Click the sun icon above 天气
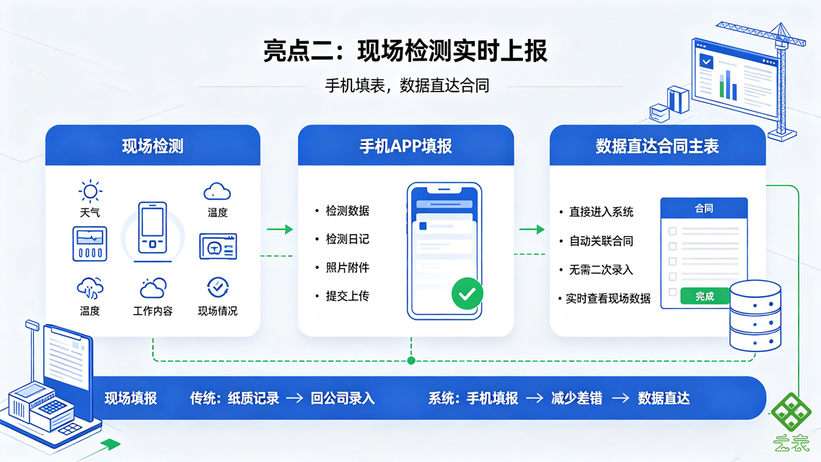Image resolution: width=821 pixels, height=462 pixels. coord(90,191)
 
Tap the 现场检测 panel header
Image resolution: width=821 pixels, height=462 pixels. coord(153,146)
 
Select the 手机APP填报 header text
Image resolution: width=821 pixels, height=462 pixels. coord(405,146)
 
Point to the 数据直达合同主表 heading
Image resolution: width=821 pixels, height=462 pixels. coord(657,146)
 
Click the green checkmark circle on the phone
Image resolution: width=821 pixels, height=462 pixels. coord(467,294)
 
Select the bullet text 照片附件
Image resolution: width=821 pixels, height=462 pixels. coord(347,268)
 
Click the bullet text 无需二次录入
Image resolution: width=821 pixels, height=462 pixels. coord(600,270)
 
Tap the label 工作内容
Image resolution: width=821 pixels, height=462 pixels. coord(153,311)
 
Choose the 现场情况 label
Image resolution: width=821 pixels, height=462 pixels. coord(217,311)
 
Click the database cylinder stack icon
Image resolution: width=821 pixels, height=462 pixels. coord(755,316)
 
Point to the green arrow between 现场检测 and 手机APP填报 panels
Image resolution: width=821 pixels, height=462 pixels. coord(280,230)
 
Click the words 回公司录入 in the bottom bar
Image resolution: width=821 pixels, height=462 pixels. coord(343,398)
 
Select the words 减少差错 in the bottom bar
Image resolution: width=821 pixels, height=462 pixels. coord(576,398)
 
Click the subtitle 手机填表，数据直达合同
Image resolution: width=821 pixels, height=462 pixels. coord(407,85)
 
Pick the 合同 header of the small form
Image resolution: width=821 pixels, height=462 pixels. coord(703,209)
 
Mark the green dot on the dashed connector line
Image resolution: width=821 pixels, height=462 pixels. coord(411,360)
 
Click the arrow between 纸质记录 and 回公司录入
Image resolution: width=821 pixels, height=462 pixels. coord(295,398)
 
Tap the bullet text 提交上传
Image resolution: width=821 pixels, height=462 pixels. coord(347,296)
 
